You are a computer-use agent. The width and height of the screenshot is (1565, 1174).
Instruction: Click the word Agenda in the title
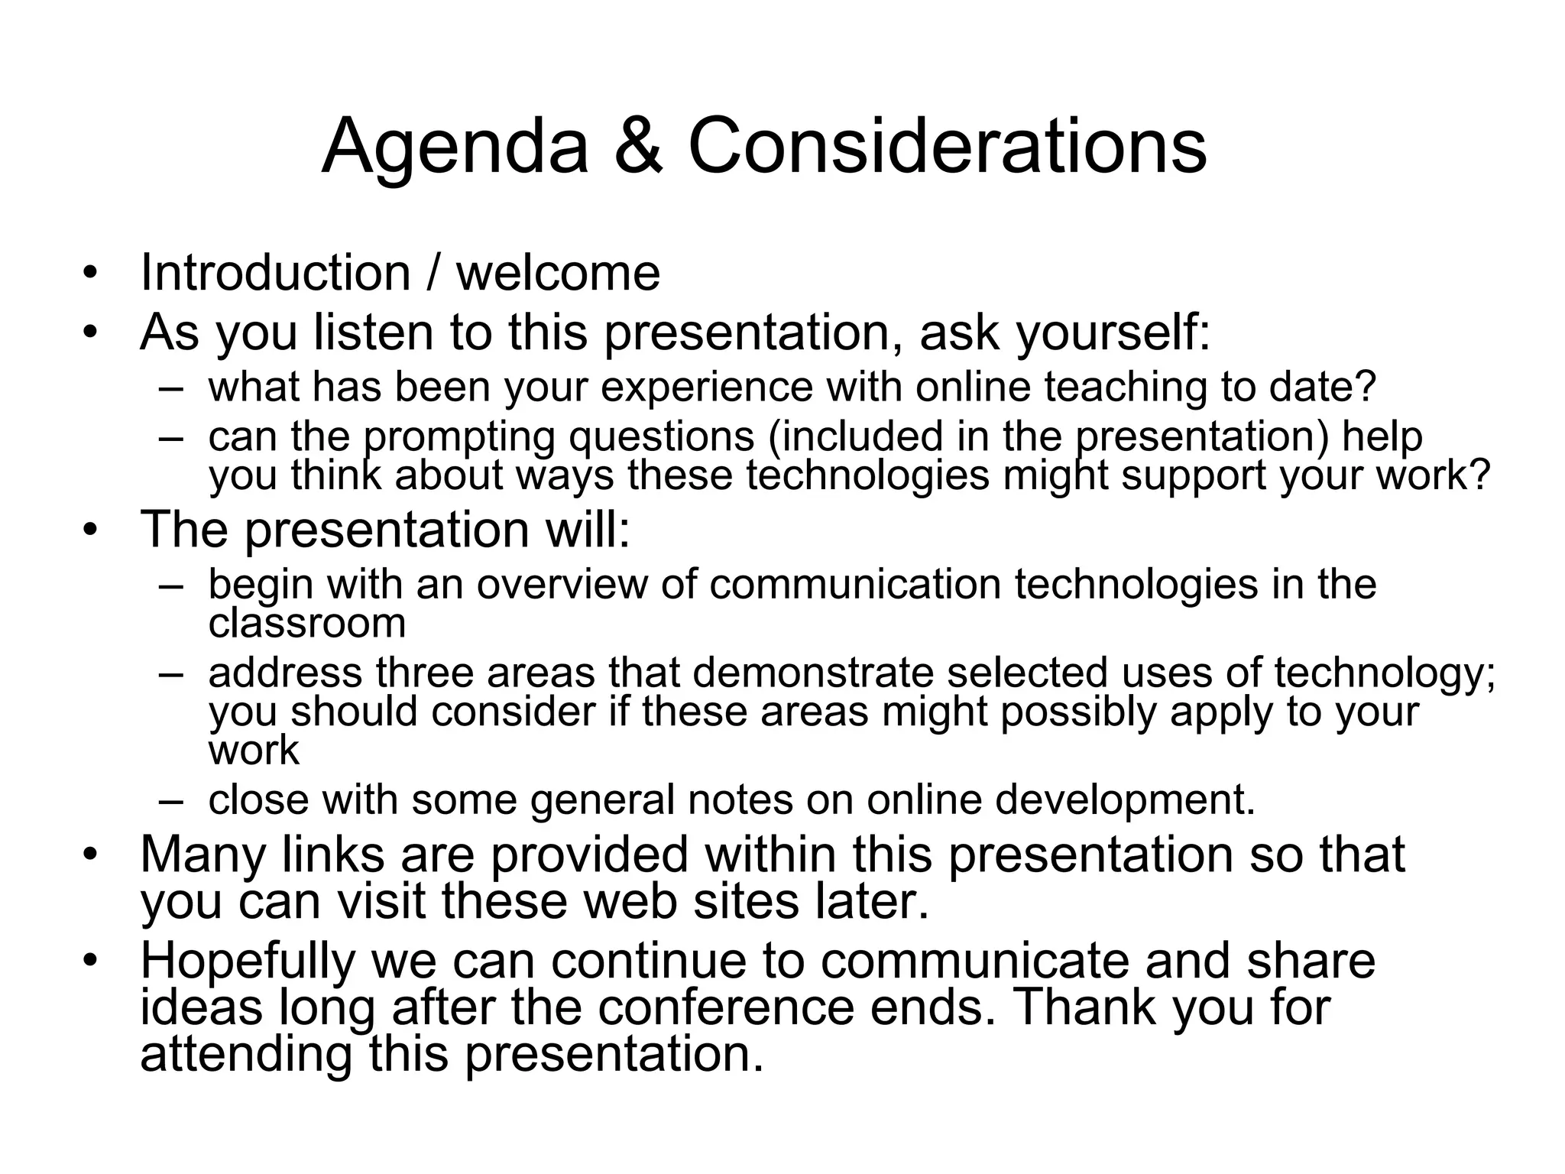[x=455, y=147]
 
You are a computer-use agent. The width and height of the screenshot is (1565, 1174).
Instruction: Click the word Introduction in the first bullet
[x=276, y=273]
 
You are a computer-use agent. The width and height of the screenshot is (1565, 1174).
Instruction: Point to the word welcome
[x=558, y=273]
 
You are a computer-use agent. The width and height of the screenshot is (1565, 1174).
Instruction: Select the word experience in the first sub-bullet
[x=707, y=388]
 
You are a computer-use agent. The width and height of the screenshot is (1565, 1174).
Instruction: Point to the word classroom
[x=306, y=623]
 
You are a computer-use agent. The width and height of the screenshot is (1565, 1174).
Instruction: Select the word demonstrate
[x=813, y=673]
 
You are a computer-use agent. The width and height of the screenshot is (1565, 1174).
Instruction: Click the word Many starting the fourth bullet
[x=203, y=855]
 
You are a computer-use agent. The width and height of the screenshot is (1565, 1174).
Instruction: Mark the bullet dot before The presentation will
[x=91, y=530]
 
